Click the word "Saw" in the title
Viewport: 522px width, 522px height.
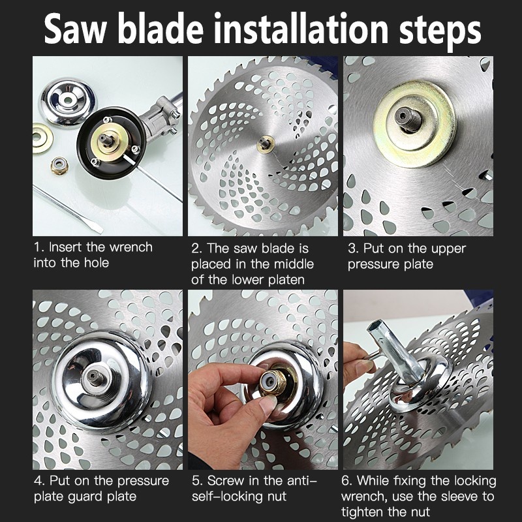[76, 29]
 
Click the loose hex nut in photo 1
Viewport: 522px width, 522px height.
[59, 166]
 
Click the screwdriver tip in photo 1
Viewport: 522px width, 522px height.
[97, 229]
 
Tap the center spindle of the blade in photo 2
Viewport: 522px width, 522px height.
[266, 144]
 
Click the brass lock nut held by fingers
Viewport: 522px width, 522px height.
[273, 382]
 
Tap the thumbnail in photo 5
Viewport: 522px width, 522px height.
[268, 405]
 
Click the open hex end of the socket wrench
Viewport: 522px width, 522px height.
[376, 329]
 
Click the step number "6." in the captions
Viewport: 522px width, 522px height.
[347, 481]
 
